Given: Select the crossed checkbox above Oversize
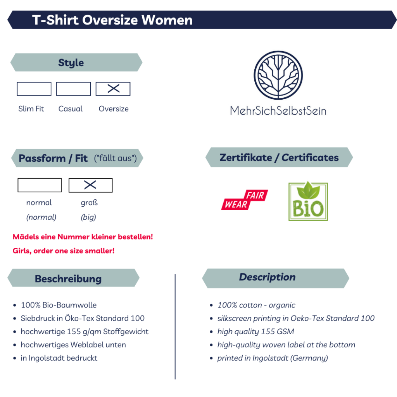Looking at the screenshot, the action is pos(113,89).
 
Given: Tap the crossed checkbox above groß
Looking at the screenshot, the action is pos(91,185).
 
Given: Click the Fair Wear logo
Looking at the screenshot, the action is pos(245,200).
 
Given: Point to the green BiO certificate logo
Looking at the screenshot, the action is pos(308,201).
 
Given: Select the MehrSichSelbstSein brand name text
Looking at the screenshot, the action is pos(278,111).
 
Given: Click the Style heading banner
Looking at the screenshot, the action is pos(76,62).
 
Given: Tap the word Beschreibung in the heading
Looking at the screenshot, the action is pos(68,279).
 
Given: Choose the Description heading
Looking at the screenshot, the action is pos(268,277).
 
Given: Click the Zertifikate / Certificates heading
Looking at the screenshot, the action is pos(279,157).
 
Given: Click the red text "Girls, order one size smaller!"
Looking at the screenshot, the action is pos(64,251).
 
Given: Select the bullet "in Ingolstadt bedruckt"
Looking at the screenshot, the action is pos(59,358).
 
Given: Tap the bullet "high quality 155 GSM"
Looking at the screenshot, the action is pos(256,331).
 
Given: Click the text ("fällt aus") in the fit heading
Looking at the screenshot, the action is pos(116,158).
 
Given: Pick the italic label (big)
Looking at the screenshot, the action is pos(88,217).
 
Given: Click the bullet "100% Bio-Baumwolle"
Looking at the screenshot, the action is pos(59,305).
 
